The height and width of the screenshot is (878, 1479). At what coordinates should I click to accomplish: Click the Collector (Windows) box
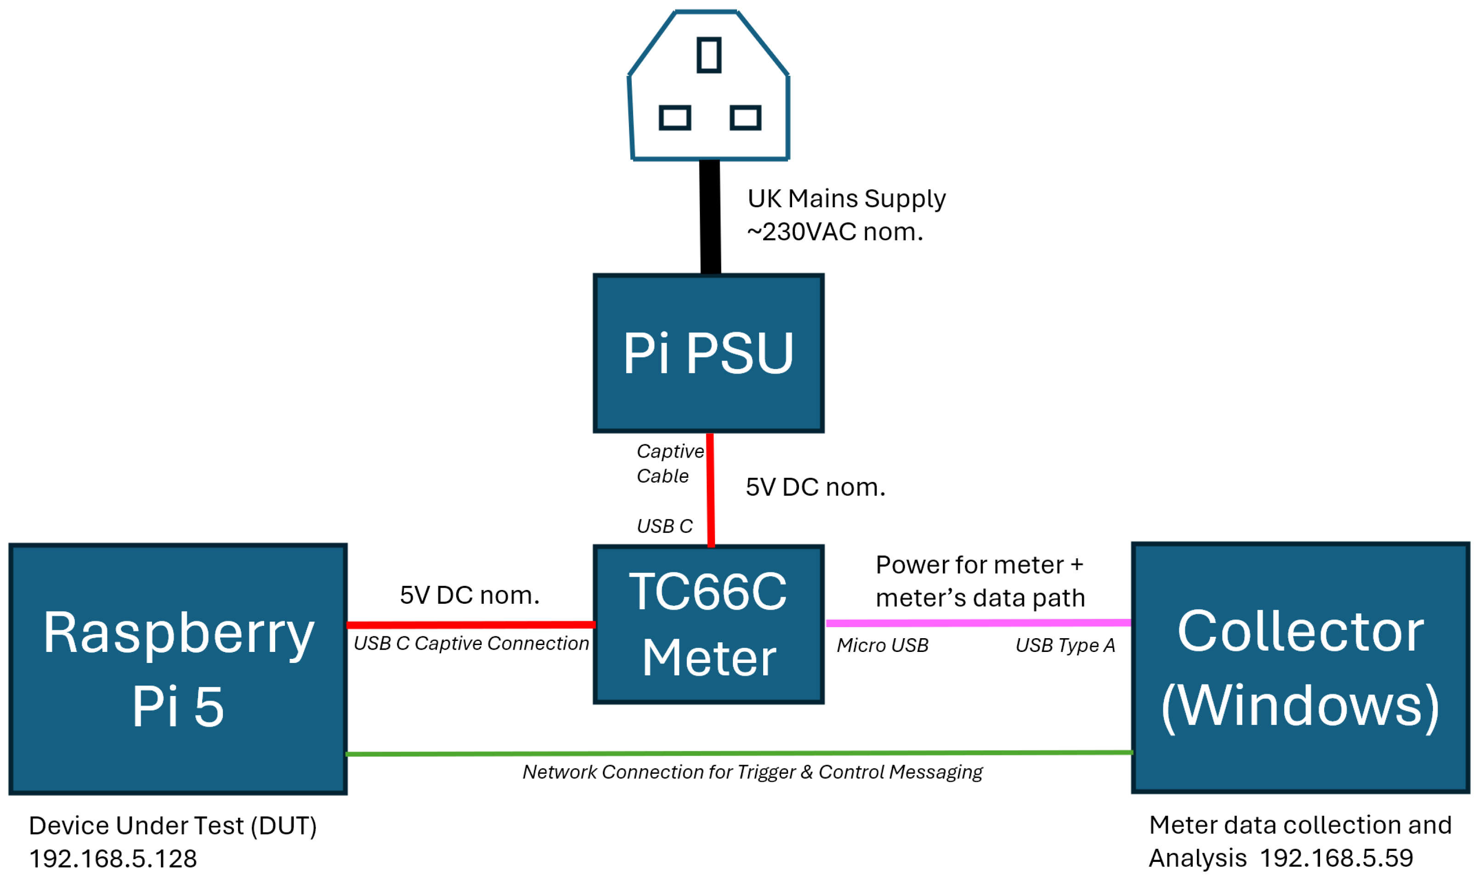click(x=1300, y=668)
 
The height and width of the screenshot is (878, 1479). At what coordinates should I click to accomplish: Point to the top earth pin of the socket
click(x=709, y=55)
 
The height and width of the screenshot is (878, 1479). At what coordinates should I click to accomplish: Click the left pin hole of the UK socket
click(x=674, y=117)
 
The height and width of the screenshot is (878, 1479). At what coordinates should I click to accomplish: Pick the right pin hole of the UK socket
click(x=745, y=117)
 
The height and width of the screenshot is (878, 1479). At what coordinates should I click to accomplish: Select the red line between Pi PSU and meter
click(x=710, y=491)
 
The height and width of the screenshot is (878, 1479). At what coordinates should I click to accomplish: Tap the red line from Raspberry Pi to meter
click(x=470, y=625)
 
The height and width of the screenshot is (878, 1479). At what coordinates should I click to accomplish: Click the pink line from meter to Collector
click(x=977, y=623)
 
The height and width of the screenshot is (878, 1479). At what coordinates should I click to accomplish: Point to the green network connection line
click(x=740, y=753)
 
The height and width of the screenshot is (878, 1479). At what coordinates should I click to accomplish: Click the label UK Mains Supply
click(x=846, y=199)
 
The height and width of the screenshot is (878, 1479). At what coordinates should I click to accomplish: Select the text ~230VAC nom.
click(x=834, y=232)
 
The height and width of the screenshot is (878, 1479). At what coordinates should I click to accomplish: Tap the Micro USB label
click(x=882, y=646)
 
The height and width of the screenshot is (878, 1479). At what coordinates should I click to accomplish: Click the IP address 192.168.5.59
click(x=1337, y=858)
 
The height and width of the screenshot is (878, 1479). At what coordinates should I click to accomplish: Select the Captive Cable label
click(x=669, y=463)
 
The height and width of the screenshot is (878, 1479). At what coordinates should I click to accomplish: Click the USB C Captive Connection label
click(x=471, y=644)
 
